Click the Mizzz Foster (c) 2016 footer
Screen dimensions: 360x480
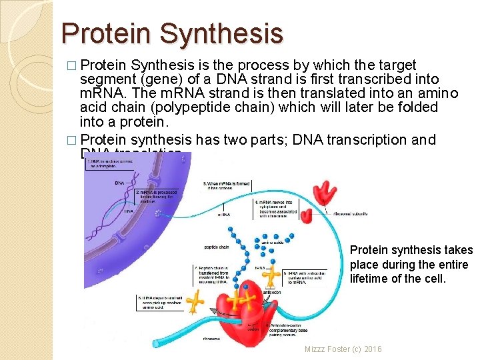[x=343, y=349]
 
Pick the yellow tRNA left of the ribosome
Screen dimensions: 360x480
[x=195, y=302]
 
